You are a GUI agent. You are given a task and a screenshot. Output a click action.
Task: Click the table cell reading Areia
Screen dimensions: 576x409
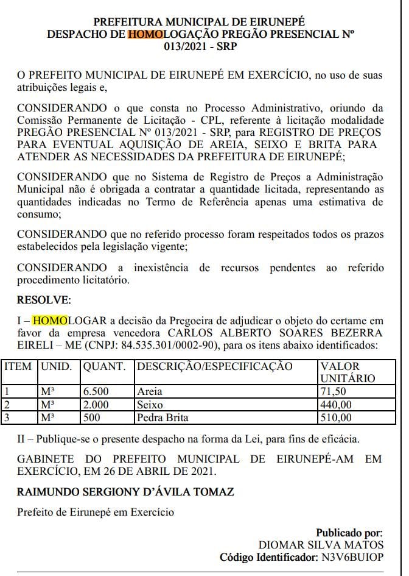149,391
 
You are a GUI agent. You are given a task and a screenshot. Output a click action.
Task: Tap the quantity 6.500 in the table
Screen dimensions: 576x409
97,391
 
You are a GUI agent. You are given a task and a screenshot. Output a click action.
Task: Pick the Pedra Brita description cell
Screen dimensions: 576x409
163,418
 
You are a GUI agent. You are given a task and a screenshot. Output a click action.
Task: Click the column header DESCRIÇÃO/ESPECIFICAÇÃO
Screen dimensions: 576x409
214,367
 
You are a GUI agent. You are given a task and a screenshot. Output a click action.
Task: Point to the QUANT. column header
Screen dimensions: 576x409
104,367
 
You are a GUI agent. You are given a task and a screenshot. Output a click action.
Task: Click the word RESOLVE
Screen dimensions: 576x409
44,300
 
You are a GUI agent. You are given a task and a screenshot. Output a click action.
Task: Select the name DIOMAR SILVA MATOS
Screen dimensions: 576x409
321,544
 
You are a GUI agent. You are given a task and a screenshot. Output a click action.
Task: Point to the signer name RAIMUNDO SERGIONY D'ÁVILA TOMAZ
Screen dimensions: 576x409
125,491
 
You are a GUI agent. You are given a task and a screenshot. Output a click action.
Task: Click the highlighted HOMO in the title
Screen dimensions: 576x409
145,35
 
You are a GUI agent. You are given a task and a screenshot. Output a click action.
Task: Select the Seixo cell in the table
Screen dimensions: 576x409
150,405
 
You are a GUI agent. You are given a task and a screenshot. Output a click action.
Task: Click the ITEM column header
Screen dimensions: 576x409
18,367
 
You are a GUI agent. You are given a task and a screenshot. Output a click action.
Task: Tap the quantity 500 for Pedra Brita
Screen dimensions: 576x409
92,418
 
